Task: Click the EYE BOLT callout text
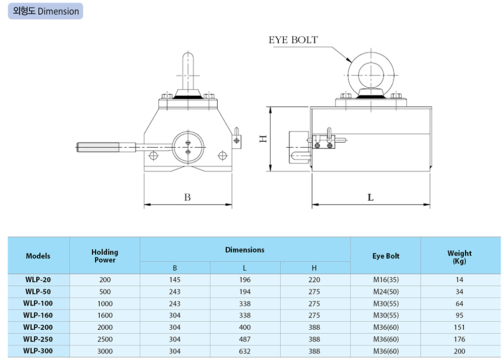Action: [x=293, y=40]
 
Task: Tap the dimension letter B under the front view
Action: [x=187, y=197]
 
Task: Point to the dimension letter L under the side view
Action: [x=370, y=197]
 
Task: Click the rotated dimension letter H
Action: [x=263, y=139]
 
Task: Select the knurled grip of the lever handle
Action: [x=98, y=148]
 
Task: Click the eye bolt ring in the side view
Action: [x=371, y=75]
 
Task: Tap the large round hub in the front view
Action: [x=188, y=147]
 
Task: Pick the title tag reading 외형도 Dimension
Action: [x=46, y=11]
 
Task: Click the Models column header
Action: [x=38, y=256]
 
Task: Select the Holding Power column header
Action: [x=105, y=256]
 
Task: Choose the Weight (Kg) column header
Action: [x=460, y=257]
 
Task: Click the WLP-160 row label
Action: [x=38, y=315]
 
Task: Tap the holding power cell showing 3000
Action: [x=105, y=351]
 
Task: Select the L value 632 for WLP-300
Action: [x=244, y=351]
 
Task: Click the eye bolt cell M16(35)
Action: [x=386, y=280]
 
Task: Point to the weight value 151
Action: [x=460, y=327]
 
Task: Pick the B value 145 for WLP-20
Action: [x=175, y=280]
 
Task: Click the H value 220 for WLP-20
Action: [x=314, y=280]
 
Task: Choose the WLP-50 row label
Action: [x=38, y=291]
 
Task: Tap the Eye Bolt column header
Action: [x=386, y=256]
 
